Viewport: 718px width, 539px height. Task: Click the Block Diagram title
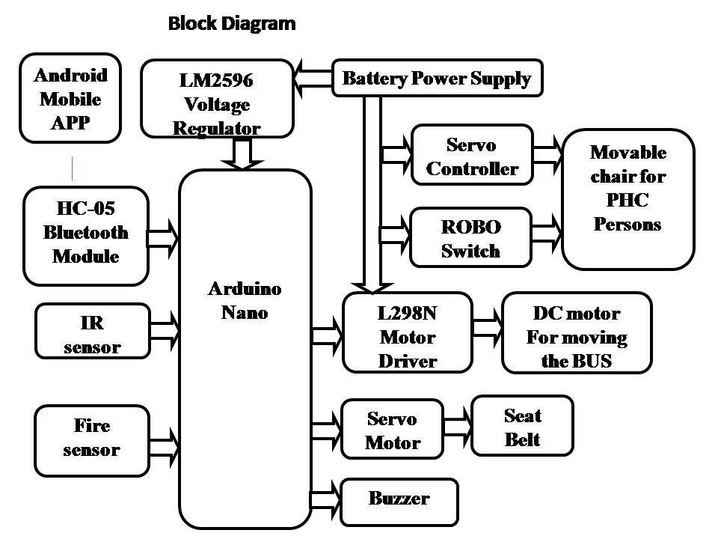pyautogui.click(x=232, y=23)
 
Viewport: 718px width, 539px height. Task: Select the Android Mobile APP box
pyautogui.click(x=70, y=98)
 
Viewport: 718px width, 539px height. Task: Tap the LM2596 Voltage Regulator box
pyautogui.click(x=217, y=100)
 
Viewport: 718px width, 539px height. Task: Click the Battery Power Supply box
pyautogui.click(x=436, y=78)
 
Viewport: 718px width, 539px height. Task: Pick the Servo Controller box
pyautogui.click(x=472, y=156)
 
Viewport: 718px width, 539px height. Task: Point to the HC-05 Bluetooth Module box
pyautogui.click(x=86, y=235)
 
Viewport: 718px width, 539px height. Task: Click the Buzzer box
pyautogui.click(x=399, y=499)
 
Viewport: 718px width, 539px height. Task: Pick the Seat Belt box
pyautogui.click(x=522, y=426)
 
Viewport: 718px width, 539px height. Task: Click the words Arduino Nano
pyautogui.click(x=245, y=299)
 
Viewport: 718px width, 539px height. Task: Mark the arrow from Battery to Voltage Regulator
pyautogui.click(x=313, y=78)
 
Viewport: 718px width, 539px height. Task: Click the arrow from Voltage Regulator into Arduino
pyautogui.click(x=243, y=153)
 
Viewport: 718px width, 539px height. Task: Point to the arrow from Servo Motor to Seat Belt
pyautogui.click(x=457, y=424)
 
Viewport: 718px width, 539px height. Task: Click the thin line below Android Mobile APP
pyautogui.click(x=72, y=168)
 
